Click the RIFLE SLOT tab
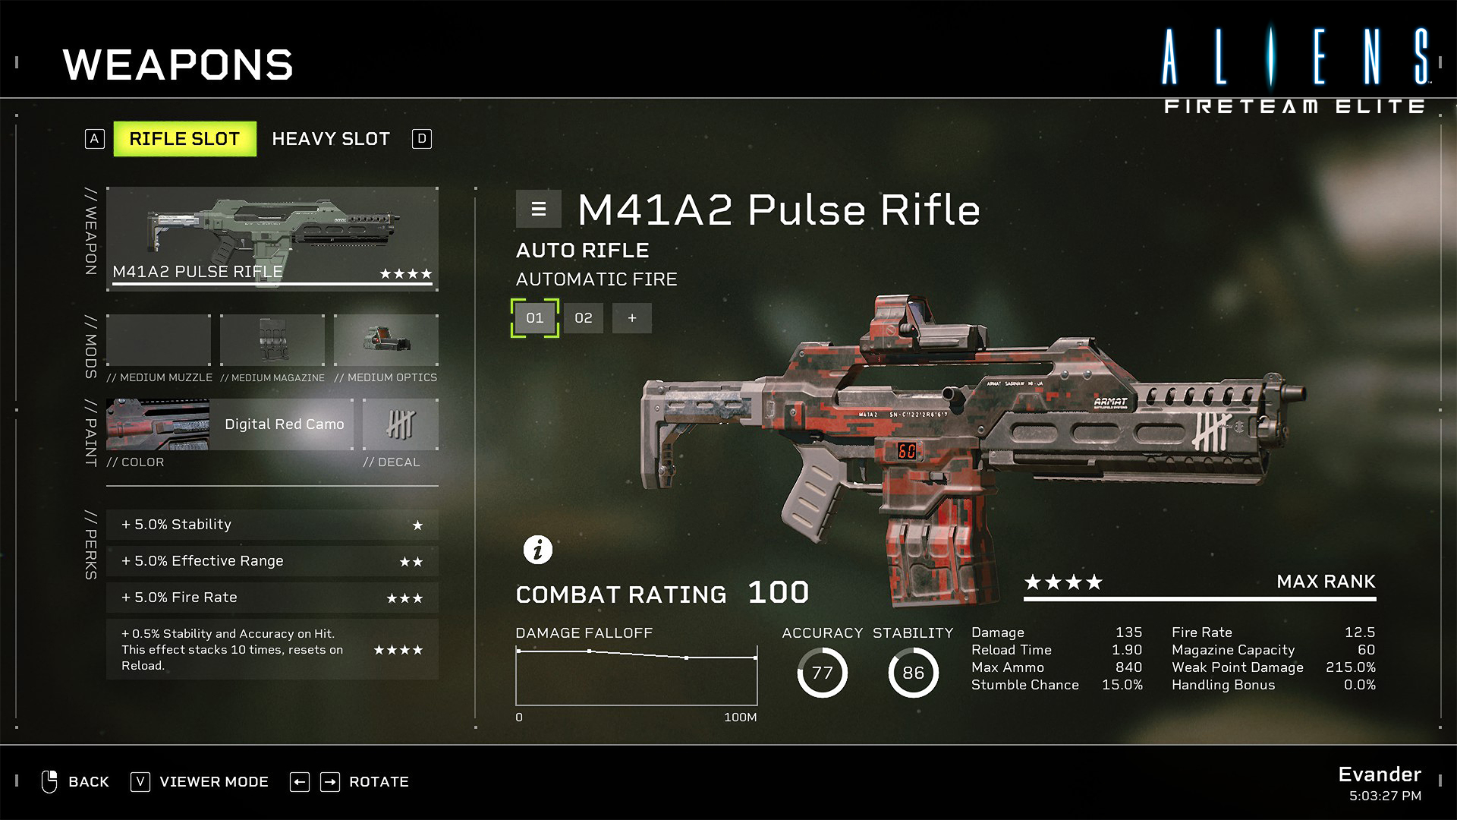point(184,139)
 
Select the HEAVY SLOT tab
point(331,139)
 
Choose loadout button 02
point(584,318)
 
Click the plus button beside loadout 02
point(632,318)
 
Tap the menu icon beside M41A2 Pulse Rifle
point(539,209)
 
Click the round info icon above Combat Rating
point(538,549)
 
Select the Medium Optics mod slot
point(386,340)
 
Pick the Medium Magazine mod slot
point(272,340)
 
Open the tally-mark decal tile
point(401,424)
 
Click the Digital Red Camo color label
point(285,424)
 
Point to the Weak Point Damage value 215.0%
point(1351,667)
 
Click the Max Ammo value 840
point(1128,667)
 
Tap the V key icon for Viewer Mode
point(140,782)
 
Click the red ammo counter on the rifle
point(907,451)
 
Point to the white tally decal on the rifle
point(1211,433)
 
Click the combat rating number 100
point(779,592)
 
